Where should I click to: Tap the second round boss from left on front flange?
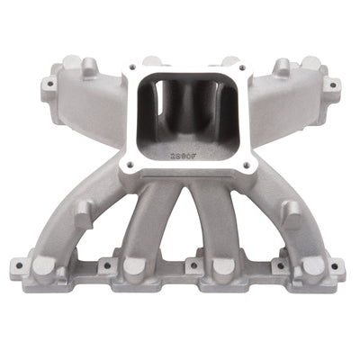pos(134,266)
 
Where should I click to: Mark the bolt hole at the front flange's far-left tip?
pos(14,265)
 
